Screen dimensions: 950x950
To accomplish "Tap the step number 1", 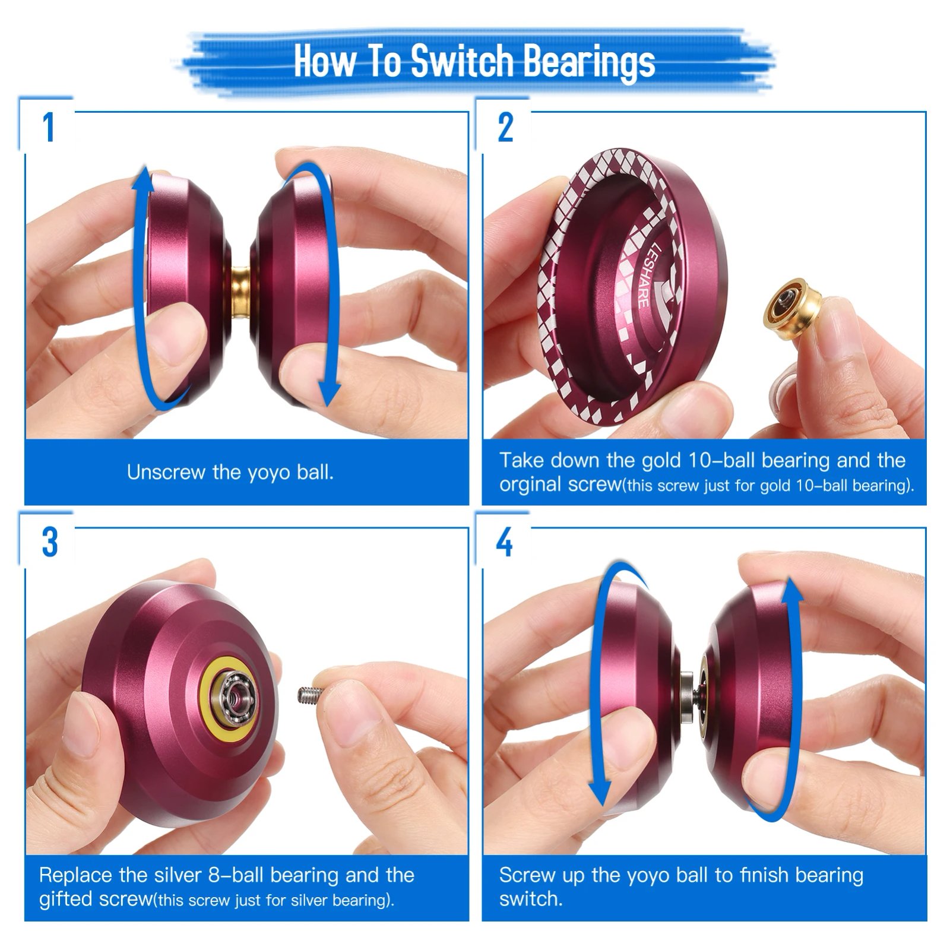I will click(x=49, y=127).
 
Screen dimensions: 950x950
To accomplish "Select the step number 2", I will click(x=505, y=127).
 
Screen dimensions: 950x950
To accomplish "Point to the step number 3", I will click(x=50, y=541).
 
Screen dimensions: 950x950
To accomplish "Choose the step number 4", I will click(x=505, y=541).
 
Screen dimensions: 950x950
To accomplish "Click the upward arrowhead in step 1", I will click(x=143, y=178).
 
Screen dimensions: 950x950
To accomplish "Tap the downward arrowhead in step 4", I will click(x=601, y=793).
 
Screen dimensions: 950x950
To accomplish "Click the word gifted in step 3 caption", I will click(x=65, y=899).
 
